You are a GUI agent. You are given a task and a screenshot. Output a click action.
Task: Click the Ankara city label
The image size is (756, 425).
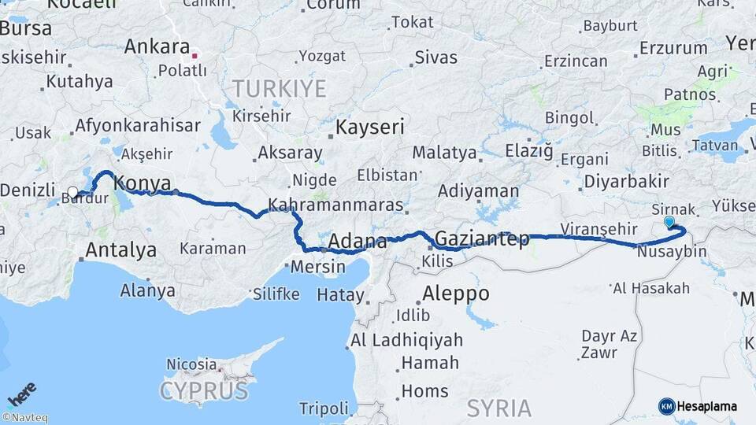point(157,46)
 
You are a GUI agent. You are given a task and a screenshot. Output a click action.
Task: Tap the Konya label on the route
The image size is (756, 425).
point(143,184)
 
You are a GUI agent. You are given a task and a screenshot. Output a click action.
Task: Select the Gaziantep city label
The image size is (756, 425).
point(482,238)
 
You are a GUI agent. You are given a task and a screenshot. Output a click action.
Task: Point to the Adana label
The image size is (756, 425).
point(358,241)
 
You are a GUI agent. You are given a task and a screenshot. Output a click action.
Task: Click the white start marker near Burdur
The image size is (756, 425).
point(73,192)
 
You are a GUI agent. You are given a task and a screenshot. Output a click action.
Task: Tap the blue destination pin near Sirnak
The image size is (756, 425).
point(669,222)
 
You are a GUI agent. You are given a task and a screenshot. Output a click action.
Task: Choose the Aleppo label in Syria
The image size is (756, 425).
point(456,294)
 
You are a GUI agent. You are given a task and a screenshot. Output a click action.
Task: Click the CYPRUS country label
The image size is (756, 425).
point(204,390)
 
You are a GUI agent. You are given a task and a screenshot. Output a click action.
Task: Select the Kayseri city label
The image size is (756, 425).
point(370,128)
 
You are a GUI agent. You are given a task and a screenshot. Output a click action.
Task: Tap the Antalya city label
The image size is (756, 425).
point(120,250)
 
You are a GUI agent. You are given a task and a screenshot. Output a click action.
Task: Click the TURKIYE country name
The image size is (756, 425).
point(279,88)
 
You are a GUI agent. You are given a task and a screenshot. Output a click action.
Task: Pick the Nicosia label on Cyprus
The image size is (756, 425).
point(191,364)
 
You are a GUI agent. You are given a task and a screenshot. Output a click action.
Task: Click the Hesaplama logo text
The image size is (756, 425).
point(706,406)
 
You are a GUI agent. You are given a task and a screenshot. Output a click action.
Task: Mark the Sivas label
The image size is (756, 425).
point(435,57)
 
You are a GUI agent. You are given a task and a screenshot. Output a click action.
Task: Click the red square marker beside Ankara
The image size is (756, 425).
point(195,57)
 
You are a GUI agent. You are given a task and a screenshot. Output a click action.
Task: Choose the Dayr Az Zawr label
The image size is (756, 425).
point(609,344)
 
